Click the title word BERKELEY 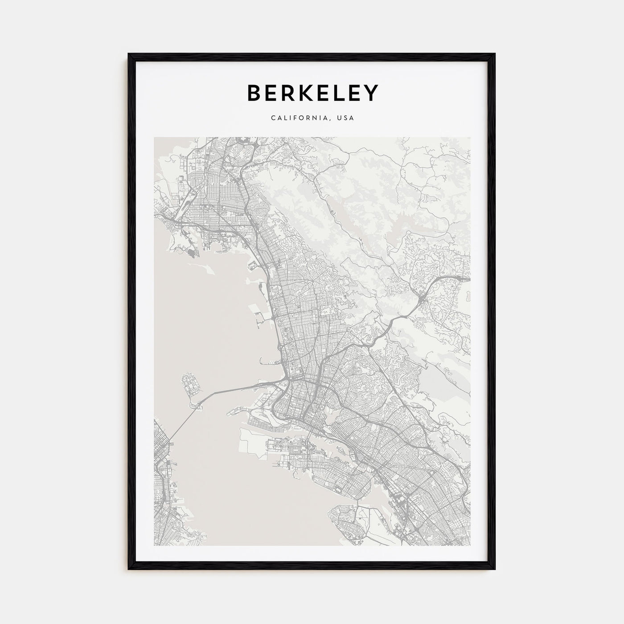312,93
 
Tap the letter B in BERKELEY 253,93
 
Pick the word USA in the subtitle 346,118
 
